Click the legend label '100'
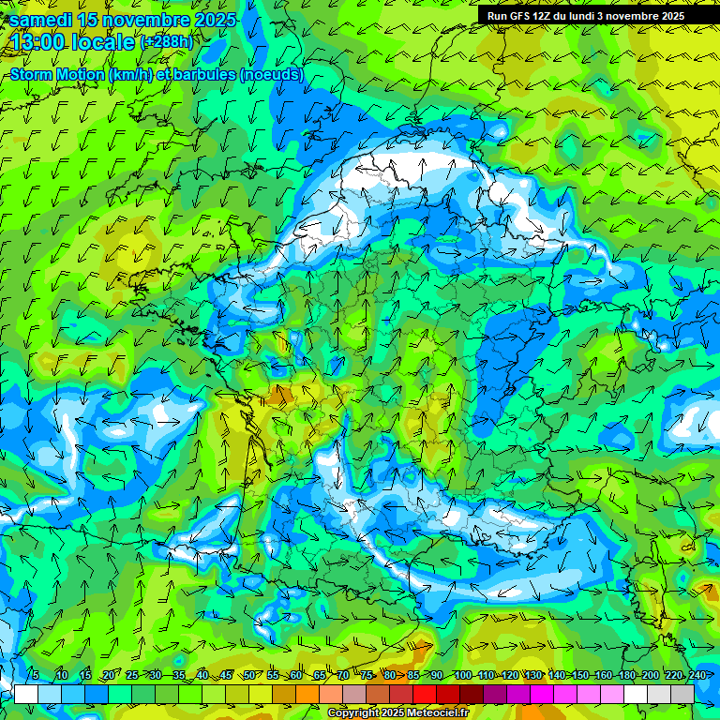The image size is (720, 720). (x=462, y=675)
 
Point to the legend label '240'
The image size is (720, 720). (x=697, y=675)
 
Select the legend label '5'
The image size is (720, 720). (x=35, y=675)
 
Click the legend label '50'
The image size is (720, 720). (x=249, y=675)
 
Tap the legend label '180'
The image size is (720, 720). (x=625, y=675)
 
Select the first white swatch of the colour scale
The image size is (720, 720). (x=26, y=695)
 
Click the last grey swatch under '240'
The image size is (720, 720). (x=682, y=695)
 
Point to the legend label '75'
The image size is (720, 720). (x=367, y=675)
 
